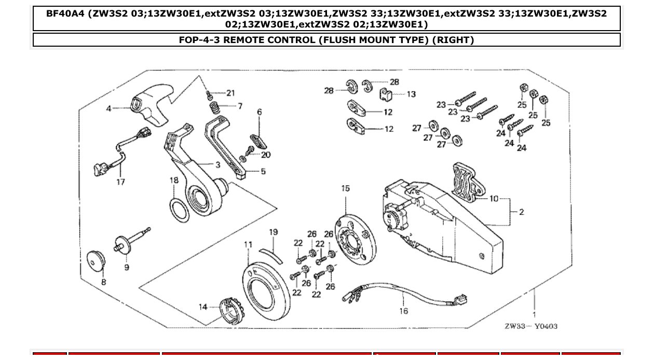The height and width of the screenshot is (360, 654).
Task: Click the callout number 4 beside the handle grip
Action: click(x=108, y=108)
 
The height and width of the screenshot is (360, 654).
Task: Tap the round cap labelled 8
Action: click(x=96, y=261)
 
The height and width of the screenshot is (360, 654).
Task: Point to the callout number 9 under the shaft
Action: click(x=127, y=267)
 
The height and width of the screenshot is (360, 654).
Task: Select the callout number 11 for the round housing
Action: click(x=248, y=244)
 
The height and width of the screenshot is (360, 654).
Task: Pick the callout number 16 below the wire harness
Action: click(x=404, y=311)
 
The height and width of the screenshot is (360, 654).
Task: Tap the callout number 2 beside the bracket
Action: click(x=521, y=212)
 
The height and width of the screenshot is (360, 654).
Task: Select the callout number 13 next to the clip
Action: click(x=411, y=94)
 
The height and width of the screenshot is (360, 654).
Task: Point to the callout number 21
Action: click(x=230, y=93)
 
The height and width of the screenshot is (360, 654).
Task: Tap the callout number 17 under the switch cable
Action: click(x=120, y=182)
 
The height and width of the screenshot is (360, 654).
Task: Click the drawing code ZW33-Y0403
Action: click(x=531, y=326)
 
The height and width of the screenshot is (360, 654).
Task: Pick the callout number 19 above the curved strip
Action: click(x=274, y=232)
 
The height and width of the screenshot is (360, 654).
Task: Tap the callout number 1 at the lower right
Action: click(x=534, y=314)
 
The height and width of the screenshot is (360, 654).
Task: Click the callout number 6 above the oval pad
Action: click(x=260, y=112)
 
